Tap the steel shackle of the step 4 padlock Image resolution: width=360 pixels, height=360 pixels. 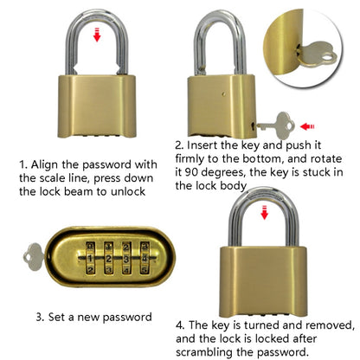tap(262, 222)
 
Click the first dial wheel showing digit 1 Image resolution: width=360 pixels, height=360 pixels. tap(89, 256)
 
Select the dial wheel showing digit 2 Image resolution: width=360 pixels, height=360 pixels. tap(109, 256)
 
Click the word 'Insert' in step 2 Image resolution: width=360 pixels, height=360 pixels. tap(203, 145)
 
